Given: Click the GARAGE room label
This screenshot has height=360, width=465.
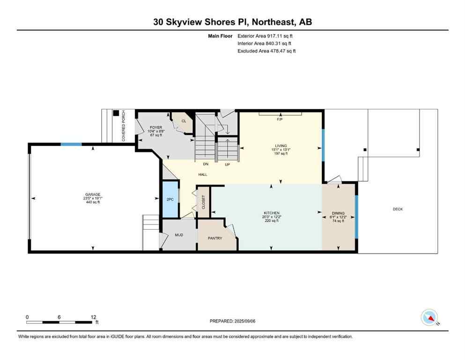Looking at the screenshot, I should [92, 195].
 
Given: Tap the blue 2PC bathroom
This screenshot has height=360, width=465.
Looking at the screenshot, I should [170, 199].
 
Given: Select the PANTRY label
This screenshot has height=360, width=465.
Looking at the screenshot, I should [215, 238].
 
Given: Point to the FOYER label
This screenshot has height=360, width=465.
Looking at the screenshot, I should [155, 127].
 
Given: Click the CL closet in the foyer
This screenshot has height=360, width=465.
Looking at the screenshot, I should [184, 121].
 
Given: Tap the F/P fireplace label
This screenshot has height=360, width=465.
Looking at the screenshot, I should [280, 119].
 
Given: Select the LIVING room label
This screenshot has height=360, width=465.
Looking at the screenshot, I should [281, 146].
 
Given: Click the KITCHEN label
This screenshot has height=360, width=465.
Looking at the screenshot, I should [271, 213].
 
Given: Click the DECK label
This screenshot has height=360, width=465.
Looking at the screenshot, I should [398, 209].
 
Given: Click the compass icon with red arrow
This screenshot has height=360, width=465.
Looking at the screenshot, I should [429, 317].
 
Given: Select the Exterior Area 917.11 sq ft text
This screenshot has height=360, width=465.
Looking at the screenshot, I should [267, 36].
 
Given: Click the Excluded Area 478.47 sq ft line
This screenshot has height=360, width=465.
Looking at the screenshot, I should [267, 51].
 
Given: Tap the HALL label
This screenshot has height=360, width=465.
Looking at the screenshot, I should [203, 174].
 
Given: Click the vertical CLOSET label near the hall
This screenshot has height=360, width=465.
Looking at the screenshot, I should [203, 201].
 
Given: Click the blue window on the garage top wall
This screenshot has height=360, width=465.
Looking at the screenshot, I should [71, 144].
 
